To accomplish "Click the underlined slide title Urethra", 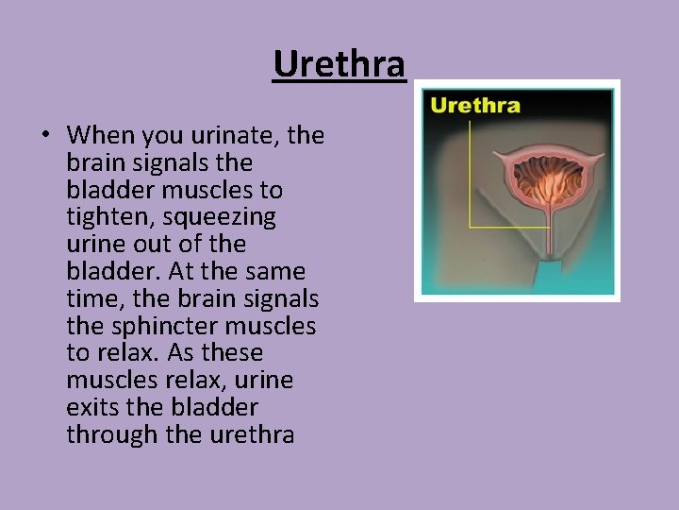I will (339, 65).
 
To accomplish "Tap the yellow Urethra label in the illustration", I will (475, 105).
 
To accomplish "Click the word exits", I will (91, 408).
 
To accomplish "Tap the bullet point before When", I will (45, 136).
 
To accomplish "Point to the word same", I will (275, 272).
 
